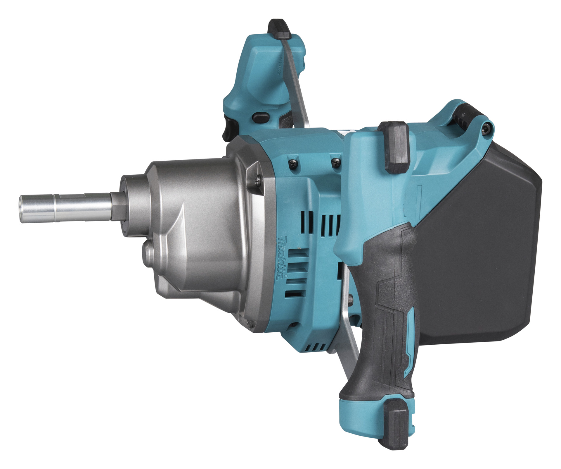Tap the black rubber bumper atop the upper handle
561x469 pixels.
pos(279,29)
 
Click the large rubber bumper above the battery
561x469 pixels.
pos(393,148)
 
